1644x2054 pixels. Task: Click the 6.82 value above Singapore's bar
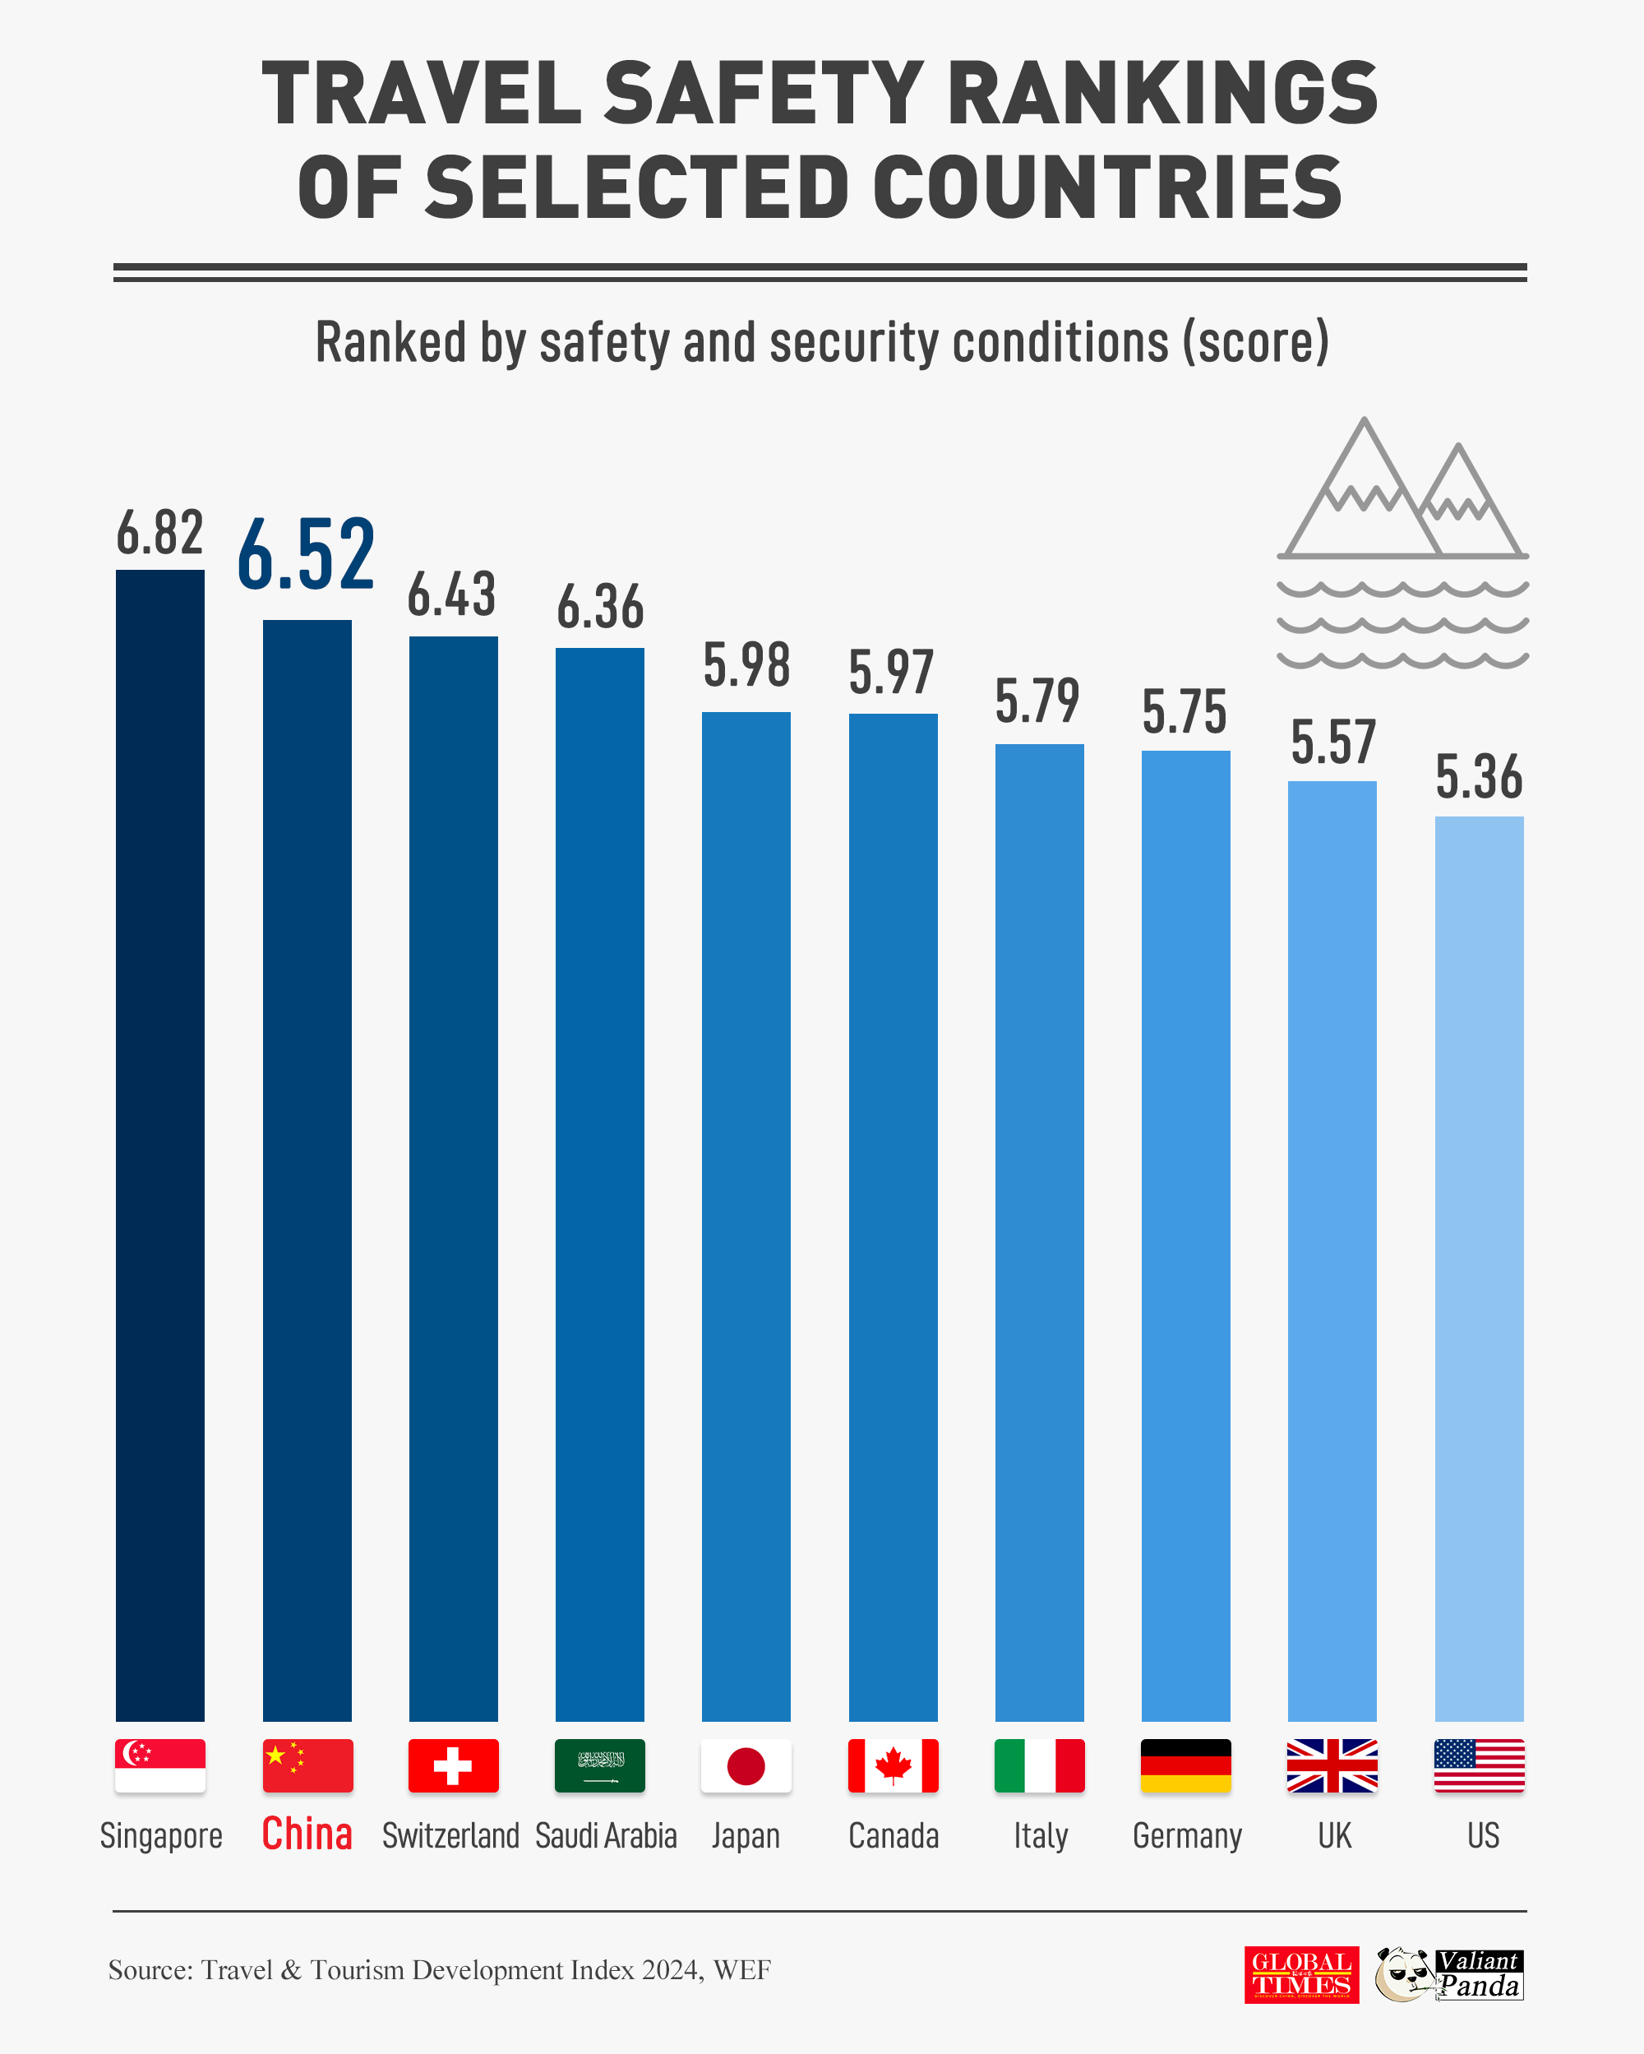coord(160,533)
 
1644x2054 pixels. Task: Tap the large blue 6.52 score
coord(306,554)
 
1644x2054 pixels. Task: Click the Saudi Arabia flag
coord(600,1765)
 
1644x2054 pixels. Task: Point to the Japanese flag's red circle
coord(746,1765)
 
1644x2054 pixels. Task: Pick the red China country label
coord(307,1834)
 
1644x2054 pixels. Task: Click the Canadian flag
coord(893,1765)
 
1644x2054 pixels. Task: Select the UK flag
coord(1332,1765)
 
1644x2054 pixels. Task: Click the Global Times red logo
coord(1301,1975)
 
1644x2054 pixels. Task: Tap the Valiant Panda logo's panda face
coord(1404,1974)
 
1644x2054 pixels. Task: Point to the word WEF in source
coord(742,1969)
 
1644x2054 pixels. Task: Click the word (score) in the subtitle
coord(1255,342)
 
